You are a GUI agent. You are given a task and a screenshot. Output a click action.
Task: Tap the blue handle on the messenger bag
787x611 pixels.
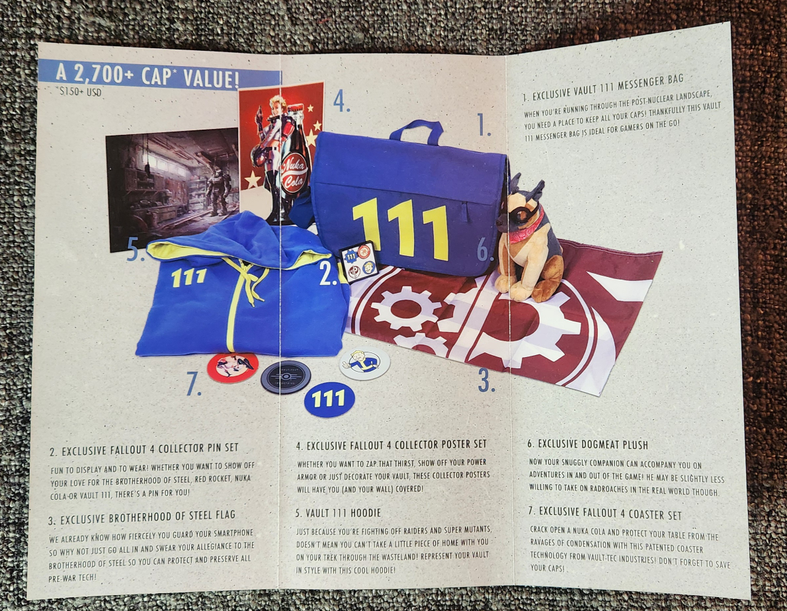click(x=416, y=130)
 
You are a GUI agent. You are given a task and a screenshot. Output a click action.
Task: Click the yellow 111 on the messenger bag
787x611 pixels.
click(x=400, y=228)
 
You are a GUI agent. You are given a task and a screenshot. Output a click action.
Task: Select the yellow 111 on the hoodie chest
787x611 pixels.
click(x=188, y=277)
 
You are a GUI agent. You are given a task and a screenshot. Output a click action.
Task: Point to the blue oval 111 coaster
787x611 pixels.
click(x=329, y=400)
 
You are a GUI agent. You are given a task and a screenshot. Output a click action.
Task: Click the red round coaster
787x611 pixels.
click(x=232, y=367)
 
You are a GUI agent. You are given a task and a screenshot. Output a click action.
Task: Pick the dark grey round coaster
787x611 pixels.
click(x=286, y=376)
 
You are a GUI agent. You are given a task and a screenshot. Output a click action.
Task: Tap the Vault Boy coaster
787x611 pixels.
click(x=365, y=363)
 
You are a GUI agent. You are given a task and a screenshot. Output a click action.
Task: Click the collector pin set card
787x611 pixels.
click(x=359, y=262)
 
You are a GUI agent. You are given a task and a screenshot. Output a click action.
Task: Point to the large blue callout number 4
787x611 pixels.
click(x=341, y=102)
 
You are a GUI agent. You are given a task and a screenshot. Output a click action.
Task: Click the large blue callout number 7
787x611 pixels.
click(x=194, y=384)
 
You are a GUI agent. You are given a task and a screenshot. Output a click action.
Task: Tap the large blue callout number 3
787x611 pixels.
click(x=486, y=381)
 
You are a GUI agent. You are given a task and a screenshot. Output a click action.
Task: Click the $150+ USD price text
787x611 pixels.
click(x=80, y=92)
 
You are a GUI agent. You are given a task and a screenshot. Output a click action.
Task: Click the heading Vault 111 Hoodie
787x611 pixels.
click(x=338, y=513)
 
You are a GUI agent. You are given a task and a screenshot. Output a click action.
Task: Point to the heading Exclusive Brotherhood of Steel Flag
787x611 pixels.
click(x=142, y=516)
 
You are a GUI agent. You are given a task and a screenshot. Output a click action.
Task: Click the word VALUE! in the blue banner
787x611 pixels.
click(x=212, y=78)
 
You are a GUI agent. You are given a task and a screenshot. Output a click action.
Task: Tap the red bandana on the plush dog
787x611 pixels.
click(x=527, y=227)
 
